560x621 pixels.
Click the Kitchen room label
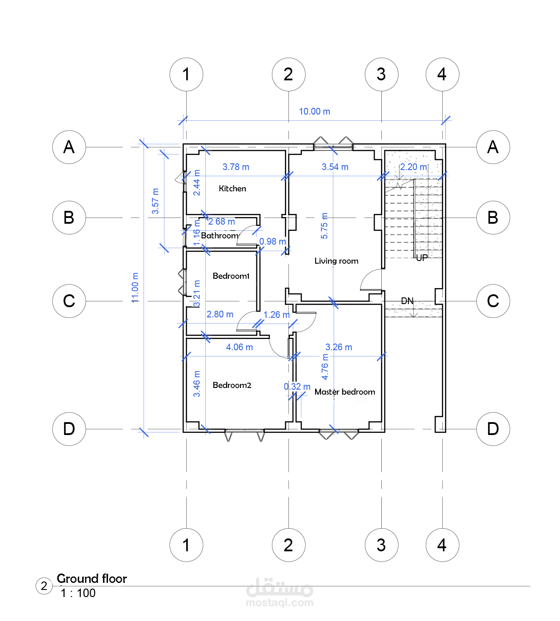tap(232, 189)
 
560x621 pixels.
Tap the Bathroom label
tap(220, 236)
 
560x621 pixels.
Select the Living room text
tap(336, 261)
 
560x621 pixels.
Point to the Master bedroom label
tap(345, 392)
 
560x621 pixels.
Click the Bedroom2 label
tap(232, 385)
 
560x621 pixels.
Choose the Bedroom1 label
tap(231, 276)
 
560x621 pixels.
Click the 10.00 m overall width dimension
tap(314, 111)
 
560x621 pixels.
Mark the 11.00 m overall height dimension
tap(135, 288)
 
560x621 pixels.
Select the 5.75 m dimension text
tap(324, 225)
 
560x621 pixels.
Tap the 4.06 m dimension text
tap(240, 347)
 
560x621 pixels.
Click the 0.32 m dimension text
tap(297, 387)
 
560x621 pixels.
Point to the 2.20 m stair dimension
tap(414, 167)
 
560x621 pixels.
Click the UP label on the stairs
tap(422, 257)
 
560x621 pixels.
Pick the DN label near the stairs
tap(407, 301)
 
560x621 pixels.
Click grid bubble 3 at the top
tap(381, 74)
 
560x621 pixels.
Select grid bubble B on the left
tap(69, 218)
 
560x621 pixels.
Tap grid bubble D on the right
tap(493, 429)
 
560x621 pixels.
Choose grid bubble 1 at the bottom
tap(186, 545)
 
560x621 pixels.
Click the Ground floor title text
tap(92, 578)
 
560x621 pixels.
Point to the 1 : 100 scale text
tap(78, 593)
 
